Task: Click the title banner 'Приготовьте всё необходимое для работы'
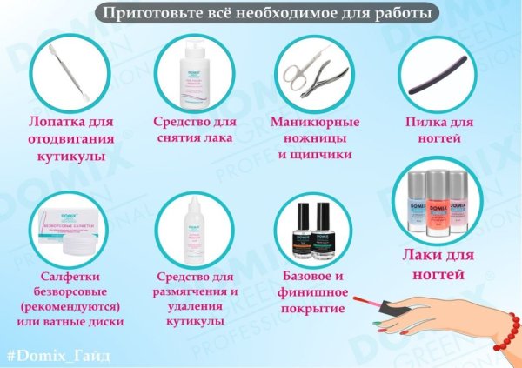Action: (261, 14)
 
